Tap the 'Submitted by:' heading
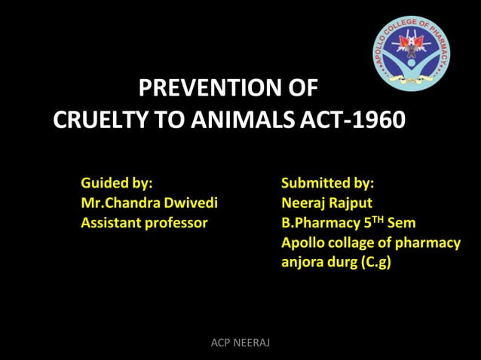[x=327, y=182]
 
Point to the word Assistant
[x=113, y=223]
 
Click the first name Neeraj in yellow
[x=303, y=203]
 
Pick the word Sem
[x=401, y=223]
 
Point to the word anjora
[x=303, y=264]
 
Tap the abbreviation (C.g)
[x=375, y=264]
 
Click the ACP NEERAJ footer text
[x=240, y=343]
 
